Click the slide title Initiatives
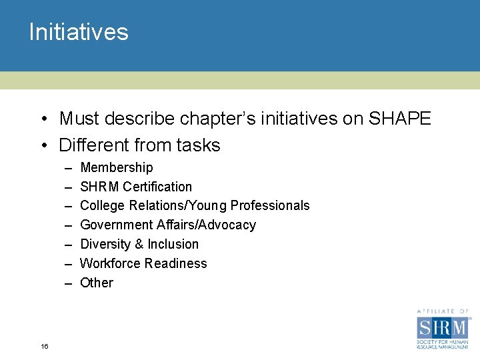[79, 32]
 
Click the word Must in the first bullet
[78, 119]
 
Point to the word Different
[94, 145]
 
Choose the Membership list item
[116, 167]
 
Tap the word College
[101, 205]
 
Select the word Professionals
[270, 205]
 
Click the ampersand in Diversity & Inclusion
[139, 244]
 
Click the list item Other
[97, 283]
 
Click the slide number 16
[44, 346]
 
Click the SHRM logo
[442, 329]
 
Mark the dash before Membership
[68, 167]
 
